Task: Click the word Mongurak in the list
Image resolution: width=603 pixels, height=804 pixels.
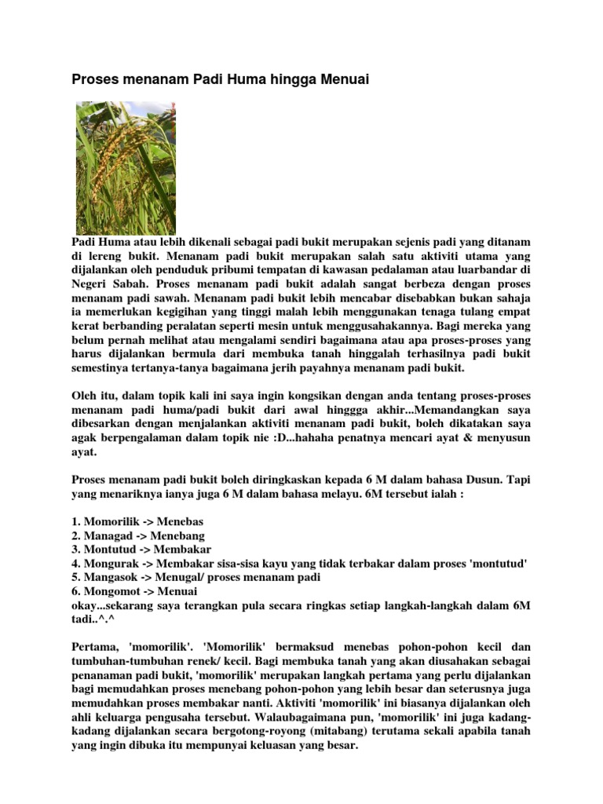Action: coord(109,563)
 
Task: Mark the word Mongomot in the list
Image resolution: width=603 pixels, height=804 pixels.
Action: coord(111,590)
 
